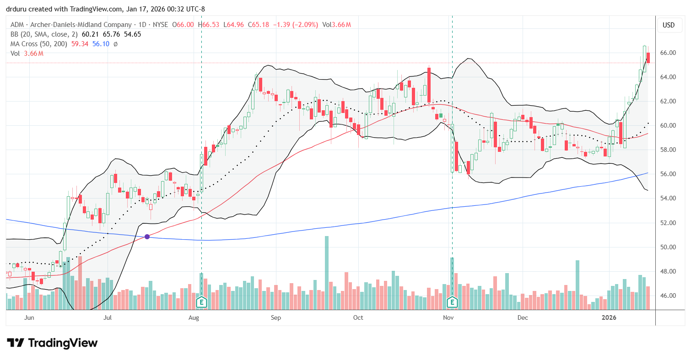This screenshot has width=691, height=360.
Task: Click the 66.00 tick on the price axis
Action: point(668,53)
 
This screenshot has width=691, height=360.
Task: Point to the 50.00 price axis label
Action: point(668,247)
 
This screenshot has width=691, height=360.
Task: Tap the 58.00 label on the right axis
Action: point(668,150)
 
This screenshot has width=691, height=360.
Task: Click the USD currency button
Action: point(669,25)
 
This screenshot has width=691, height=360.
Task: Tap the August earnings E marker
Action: point(201,302)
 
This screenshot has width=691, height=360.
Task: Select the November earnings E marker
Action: point(452,302)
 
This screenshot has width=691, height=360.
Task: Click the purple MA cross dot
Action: point(147,236)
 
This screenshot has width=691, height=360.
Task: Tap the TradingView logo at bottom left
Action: point(52,343)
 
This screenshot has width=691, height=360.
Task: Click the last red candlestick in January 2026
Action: point(648,58)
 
